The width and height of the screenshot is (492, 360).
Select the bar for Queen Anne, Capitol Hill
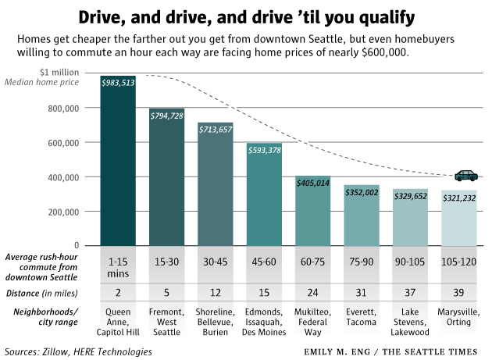click(x=118, y=164)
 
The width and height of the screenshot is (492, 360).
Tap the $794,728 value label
click(x=166, y=116)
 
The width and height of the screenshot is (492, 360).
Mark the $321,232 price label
click(x=458, y=198)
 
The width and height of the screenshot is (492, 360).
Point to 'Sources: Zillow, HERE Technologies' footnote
click(x=79, y=351)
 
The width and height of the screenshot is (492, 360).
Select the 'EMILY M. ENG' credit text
click(x=335, y=351)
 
